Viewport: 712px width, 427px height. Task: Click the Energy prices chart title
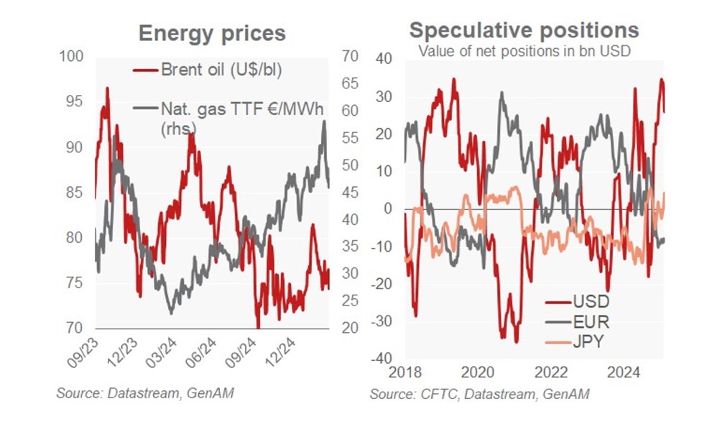pos(212,33)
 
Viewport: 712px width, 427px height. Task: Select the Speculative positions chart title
pos(524,29)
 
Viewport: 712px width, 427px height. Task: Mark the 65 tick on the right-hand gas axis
pos(348,83)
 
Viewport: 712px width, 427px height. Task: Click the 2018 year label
pos(404,373)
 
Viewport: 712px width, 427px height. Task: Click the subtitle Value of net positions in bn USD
pos(524,51)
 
